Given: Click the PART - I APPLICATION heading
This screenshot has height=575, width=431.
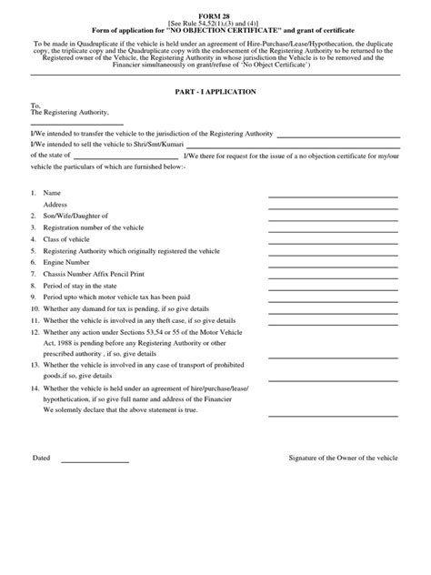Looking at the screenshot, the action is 215,92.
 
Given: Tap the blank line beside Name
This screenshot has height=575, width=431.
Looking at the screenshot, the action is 333,196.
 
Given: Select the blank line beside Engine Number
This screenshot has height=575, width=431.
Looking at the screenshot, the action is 333,262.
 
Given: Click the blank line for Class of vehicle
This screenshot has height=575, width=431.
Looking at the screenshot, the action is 333,240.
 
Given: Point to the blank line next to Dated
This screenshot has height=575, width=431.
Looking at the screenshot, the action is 95,461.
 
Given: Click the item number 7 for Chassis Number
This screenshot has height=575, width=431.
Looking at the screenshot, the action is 33,273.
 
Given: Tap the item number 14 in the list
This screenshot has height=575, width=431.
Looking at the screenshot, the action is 35,388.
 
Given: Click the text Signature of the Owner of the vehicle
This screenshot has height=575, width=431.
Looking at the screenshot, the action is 343,457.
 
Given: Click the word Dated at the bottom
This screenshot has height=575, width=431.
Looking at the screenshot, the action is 42,457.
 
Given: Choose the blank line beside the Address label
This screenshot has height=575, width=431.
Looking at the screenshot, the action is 333,207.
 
